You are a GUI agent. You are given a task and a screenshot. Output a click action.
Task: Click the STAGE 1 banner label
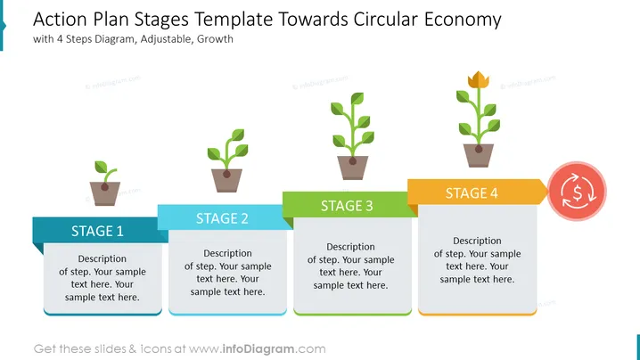click(x=97, y=231)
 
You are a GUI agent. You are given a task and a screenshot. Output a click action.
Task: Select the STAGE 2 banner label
click(x=222, y=218)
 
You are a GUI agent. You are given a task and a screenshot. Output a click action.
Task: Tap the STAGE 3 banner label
click(x=347, y=206)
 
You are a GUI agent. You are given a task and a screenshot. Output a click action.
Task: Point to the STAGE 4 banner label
click(x=472, y=193)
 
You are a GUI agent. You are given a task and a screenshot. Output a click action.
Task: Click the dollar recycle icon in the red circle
click(x=577, y=192)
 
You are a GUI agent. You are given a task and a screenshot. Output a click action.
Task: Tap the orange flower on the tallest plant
click(x=479, y=79)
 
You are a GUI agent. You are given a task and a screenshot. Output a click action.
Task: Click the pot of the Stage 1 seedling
click(x=105, y=193)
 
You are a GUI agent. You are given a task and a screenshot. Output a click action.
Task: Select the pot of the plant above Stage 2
click(x=226, y=180)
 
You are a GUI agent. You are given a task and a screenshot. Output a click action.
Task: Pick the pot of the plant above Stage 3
click(x=353, y=168)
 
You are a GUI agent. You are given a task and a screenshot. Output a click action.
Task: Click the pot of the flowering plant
click(x=479, y=156)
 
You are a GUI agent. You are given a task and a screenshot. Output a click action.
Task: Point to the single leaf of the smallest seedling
click(x=101, y=167)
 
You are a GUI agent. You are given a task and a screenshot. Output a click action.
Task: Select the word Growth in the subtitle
click(x=215, y=39)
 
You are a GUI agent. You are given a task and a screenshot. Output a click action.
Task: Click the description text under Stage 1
click(x=102, y=278)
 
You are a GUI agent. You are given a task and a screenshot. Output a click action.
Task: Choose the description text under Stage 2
click(x=228, y=273)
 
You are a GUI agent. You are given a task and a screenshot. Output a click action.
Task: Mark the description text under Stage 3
click(x=350, y=266)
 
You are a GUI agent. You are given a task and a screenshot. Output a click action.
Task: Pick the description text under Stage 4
click(x=477, y=260)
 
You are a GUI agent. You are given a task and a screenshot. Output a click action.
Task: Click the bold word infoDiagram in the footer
click(x=258, y=349)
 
